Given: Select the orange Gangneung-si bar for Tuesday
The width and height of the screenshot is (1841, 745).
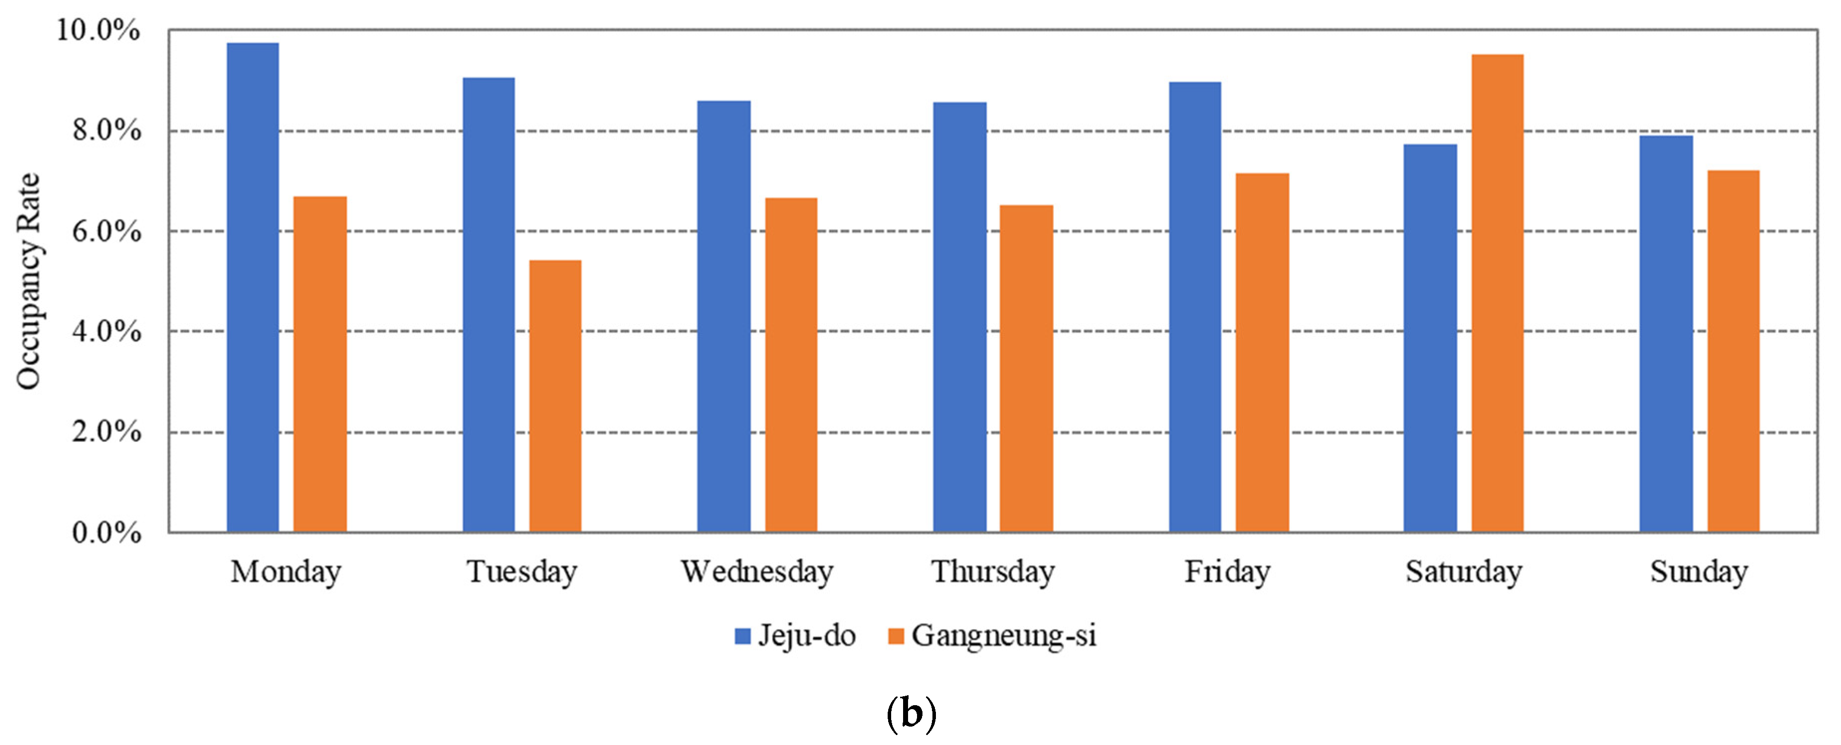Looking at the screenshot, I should (555, 396).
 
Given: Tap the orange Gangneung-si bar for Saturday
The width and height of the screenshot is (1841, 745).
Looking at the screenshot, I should (1497, 293).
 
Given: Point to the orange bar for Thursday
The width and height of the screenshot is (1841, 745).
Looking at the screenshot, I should (1026, 368).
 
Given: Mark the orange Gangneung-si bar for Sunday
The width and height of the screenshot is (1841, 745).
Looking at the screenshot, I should (1733, 351).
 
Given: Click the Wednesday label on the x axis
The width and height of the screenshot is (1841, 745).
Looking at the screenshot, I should (757, 572).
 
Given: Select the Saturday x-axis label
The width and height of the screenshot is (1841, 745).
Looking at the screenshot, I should (1464, 572).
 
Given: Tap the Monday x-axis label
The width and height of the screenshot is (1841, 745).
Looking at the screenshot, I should (286, 572).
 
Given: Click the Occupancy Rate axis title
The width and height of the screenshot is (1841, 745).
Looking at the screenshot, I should (28, 281).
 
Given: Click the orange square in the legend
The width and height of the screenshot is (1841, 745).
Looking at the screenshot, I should (896, 636).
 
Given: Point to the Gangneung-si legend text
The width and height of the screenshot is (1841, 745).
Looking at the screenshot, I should (1004, 636).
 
